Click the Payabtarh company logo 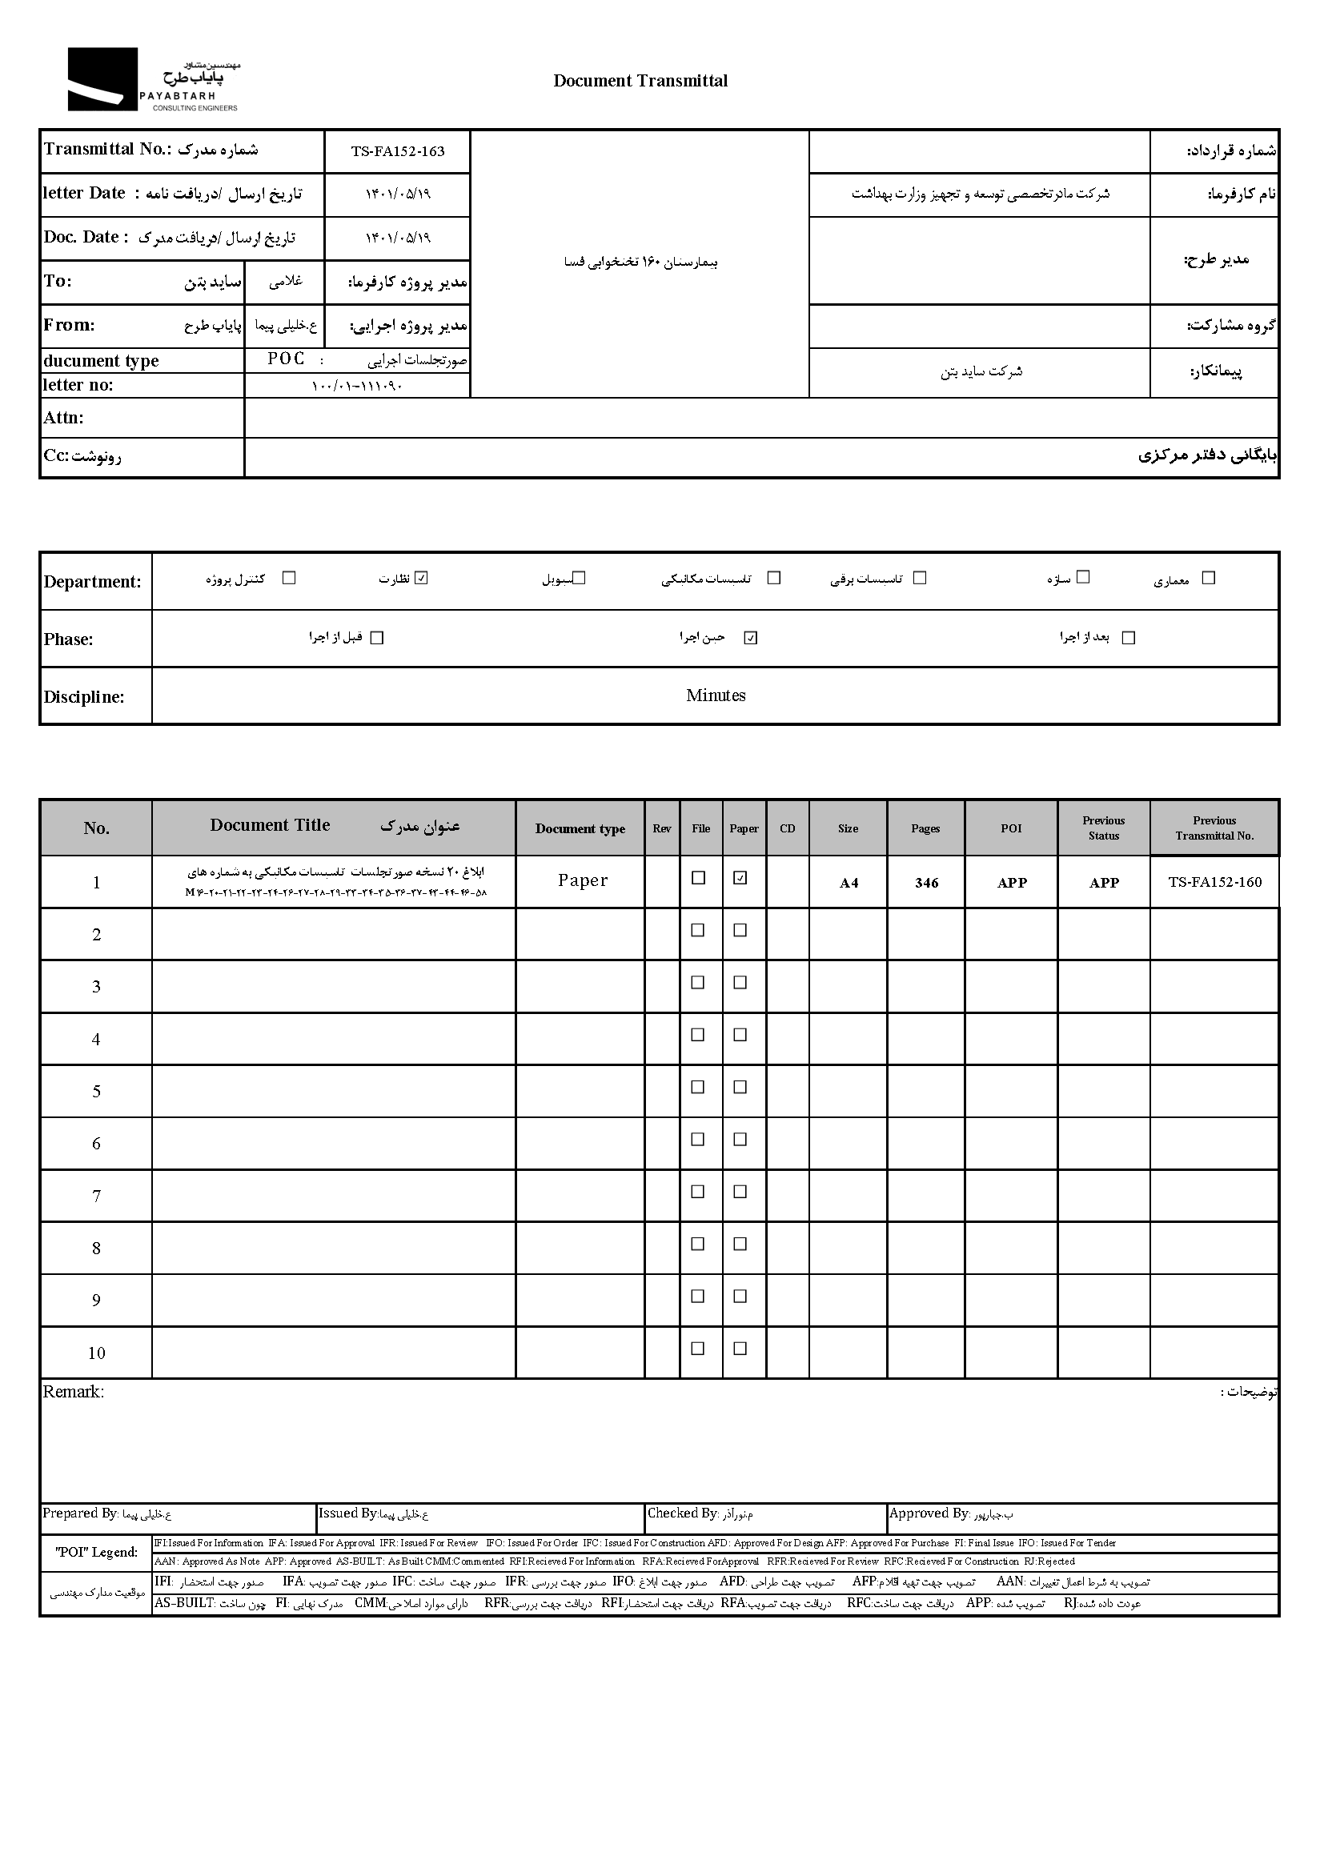coord(152,79)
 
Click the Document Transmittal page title coord(640,81)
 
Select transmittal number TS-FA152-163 coord(398,151)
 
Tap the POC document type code coord(286,359)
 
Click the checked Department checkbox coord(422,578)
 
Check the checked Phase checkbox coord(751,638)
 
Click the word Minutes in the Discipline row coord(715,695)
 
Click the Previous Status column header coord(1103,828)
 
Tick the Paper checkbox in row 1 coord(740,878)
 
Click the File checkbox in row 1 coord(698,878)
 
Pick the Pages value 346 coord(926,883)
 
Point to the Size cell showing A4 coord(849,883)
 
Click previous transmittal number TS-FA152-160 coord(1214,882)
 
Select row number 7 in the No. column coord(96,1196)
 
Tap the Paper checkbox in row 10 coord(740,1349)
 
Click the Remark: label coord(74,1392)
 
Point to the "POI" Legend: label coord(96,1553)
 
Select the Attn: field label coord(63,419)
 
